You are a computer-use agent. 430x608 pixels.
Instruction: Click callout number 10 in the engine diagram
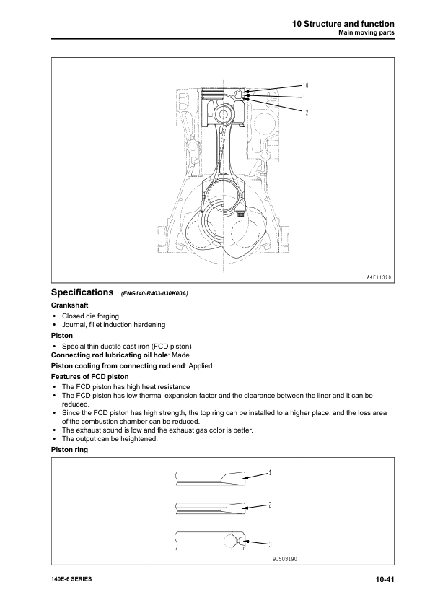[305, 86]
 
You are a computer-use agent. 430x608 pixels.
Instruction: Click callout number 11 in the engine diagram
[305, 98]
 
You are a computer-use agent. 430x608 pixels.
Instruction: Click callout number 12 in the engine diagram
[305, 112]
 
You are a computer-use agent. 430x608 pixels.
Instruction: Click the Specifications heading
[82, 293]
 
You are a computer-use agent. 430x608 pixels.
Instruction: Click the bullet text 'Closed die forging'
[90, 316]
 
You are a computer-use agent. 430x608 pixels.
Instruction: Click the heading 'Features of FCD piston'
[89, 377]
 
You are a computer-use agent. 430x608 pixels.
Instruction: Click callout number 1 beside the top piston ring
[269, 473]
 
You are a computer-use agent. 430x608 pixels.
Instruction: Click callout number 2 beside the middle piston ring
[269, 505]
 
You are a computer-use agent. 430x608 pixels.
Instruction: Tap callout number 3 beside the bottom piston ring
[269, 543]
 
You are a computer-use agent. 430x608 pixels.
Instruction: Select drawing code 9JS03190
[284, 559]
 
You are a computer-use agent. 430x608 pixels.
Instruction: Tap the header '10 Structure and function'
[343, 24]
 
